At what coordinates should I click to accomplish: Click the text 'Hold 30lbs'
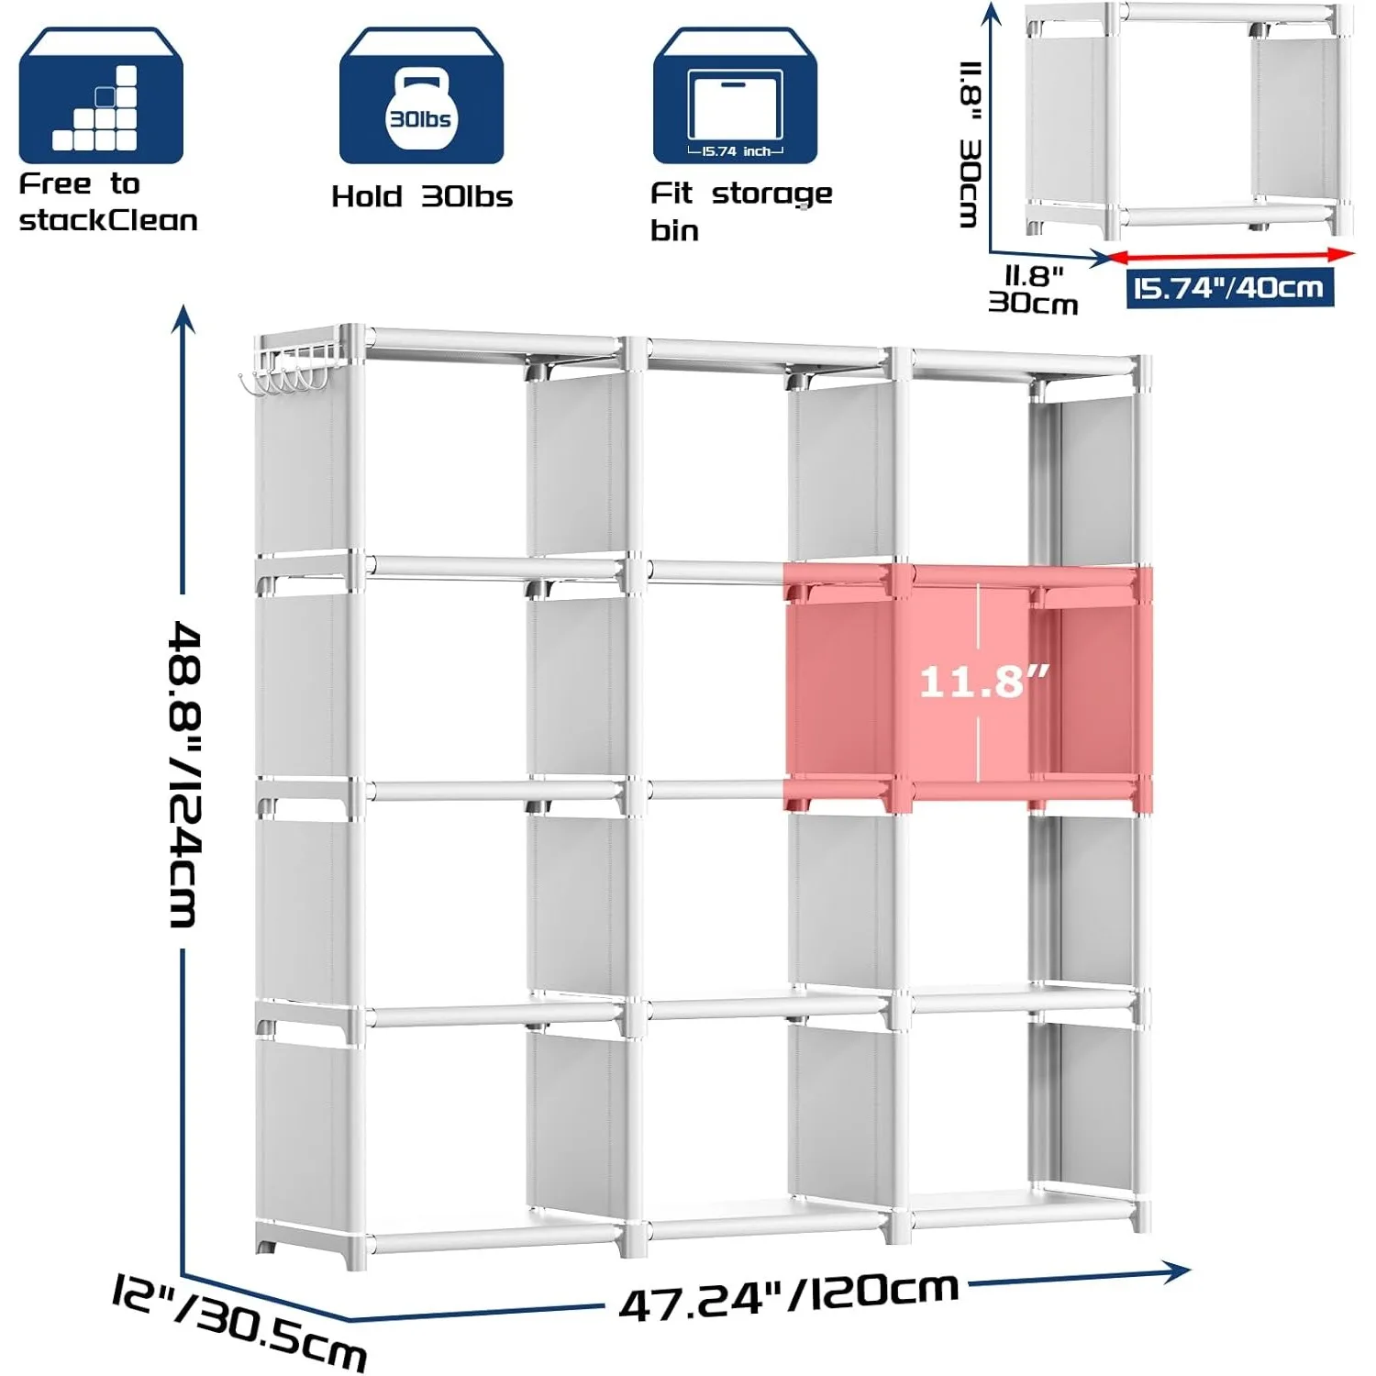click(422, 196)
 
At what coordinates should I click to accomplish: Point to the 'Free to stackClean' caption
click(108, 202)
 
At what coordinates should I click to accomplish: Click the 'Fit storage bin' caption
click(741, 212)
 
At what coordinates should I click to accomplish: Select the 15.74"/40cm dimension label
click(1229, 289)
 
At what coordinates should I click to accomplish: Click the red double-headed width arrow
click(1232, 256)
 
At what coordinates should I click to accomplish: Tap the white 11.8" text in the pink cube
click(983, 682)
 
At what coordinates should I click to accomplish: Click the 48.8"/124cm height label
click(185, 774)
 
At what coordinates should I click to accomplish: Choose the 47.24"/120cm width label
click(789, 1295)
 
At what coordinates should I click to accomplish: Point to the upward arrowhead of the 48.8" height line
click(184, 317)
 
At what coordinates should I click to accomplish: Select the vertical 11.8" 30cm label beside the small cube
click(970, 144)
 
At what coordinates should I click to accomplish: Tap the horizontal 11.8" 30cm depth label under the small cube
click(1034, 290)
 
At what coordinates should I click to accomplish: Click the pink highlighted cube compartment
click(968, 688)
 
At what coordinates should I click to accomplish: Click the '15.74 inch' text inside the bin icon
click(737, 151)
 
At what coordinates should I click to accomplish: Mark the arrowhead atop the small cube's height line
click(991, 13)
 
